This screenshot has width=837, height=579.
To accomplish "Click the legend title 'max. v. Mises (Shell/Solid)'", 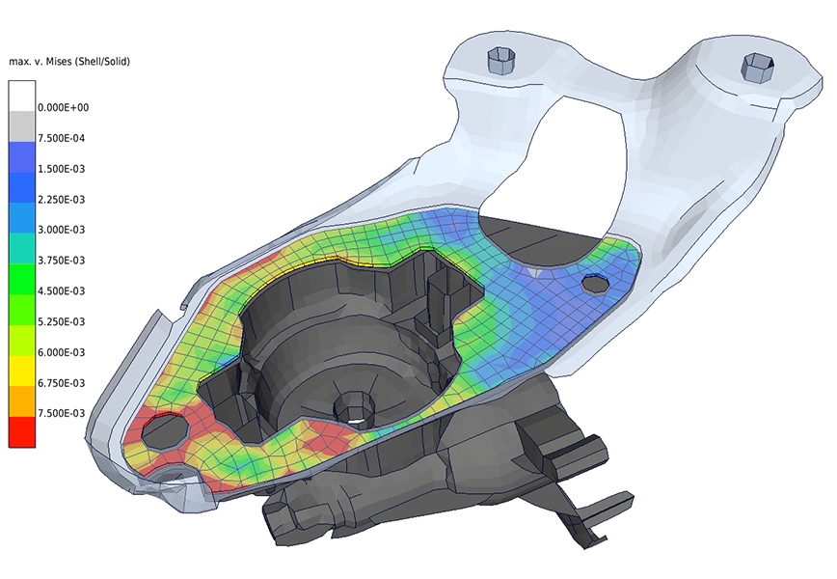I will [x=68, y=62].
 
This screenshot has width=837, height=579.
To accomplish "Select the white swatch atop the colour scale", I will [x=21, y=96].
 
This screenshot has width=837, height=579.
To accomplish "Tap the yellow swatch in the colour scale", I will [x=21, y=371].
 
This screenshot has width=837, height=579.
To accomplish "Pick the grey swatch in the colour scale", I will [x=21, y=126].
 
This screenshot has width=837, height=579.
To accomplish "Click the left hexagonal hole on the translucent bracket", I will [x=502, y=62].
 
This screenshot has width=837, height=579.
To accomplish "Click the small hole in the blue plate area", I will [x=595, y=283].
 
